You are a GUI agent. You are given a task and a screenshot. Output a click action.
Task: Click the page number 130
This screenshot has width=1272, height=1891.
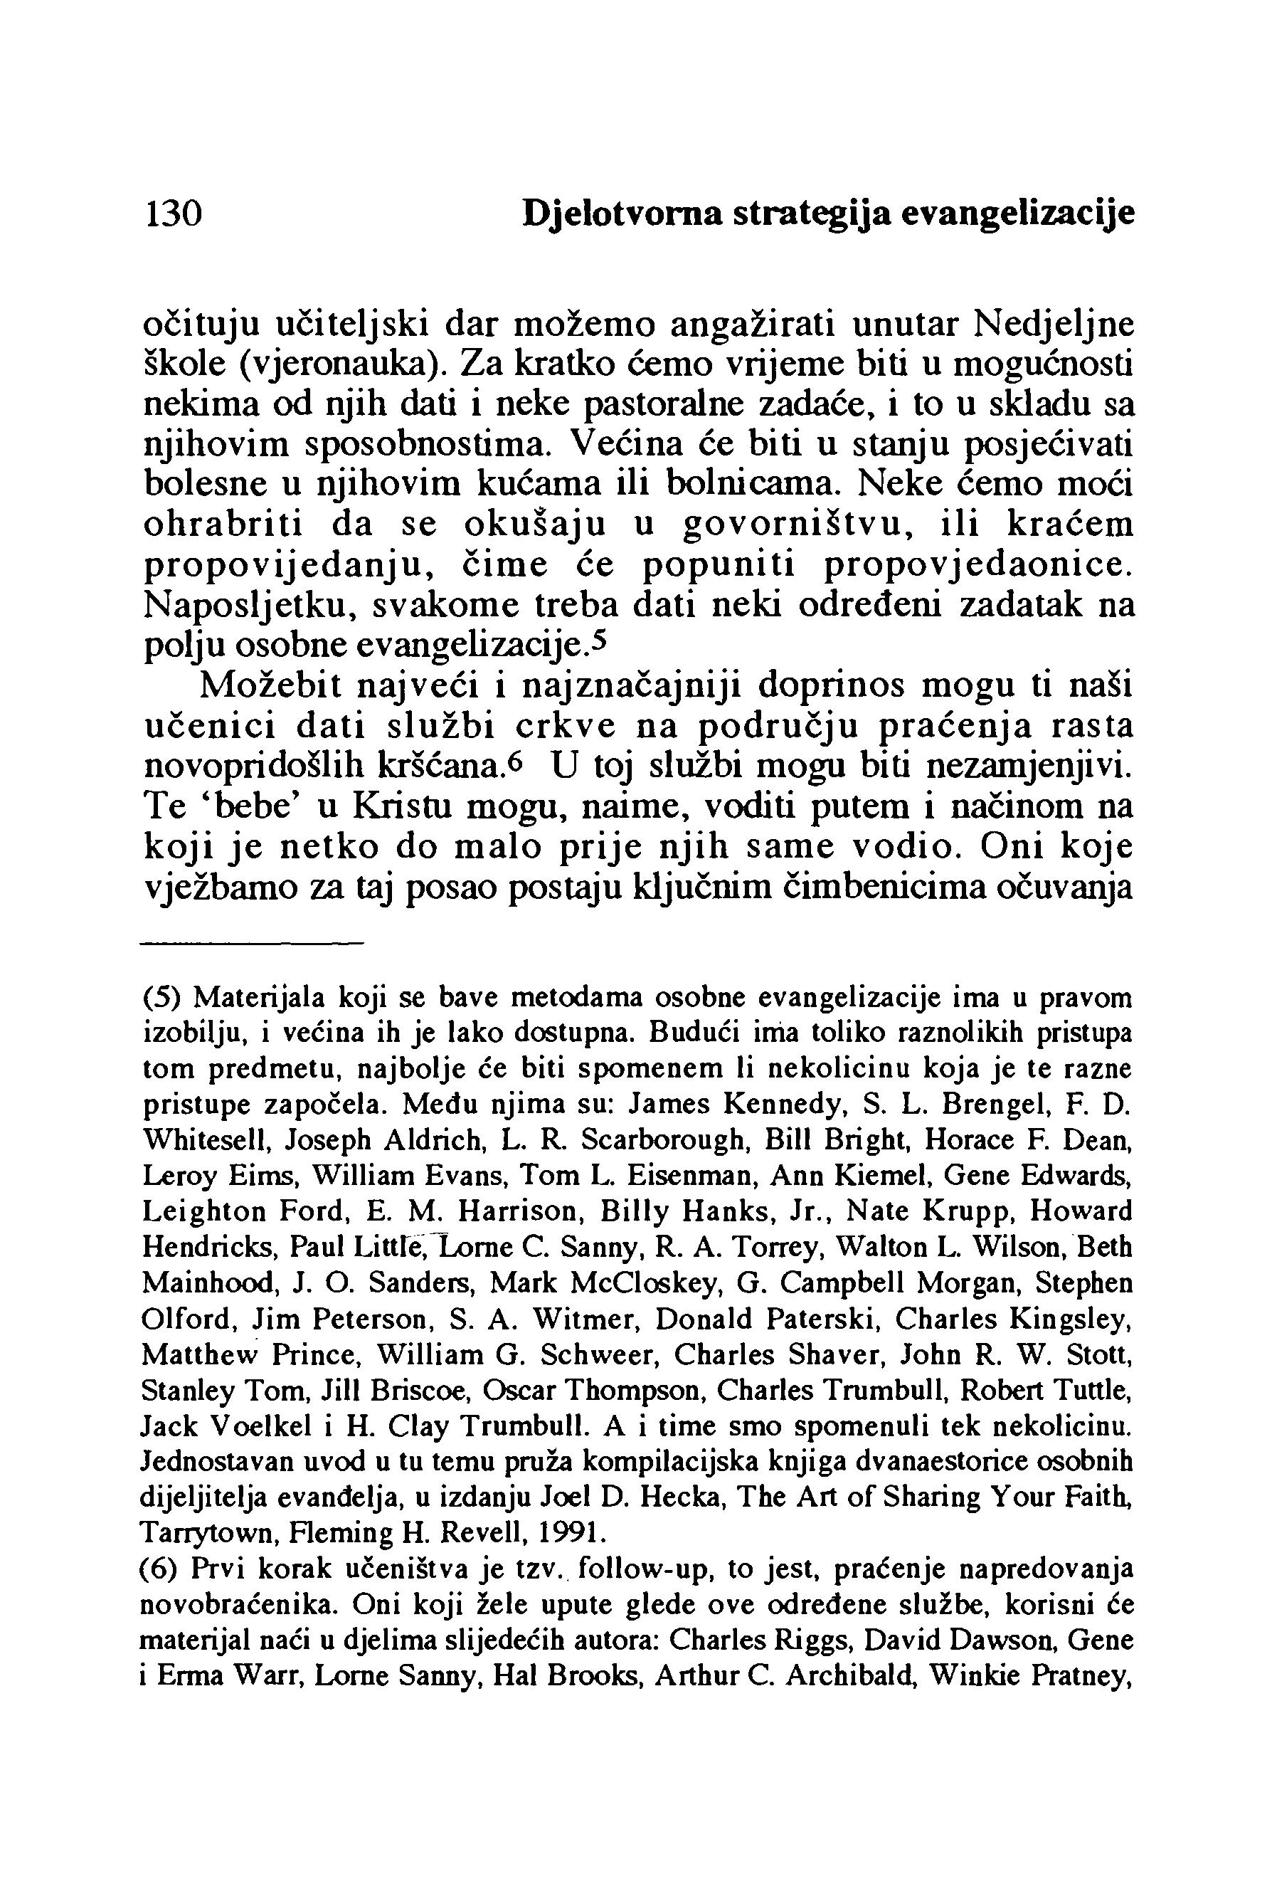point(172,214)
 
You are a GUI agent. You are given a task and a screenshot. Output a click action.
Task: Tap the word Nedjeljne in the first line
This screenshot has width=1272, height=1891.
point(1054,325)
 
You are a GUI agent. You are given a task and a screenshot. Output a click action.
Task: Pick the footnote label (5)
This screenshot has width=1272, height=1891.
point(164,996)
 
